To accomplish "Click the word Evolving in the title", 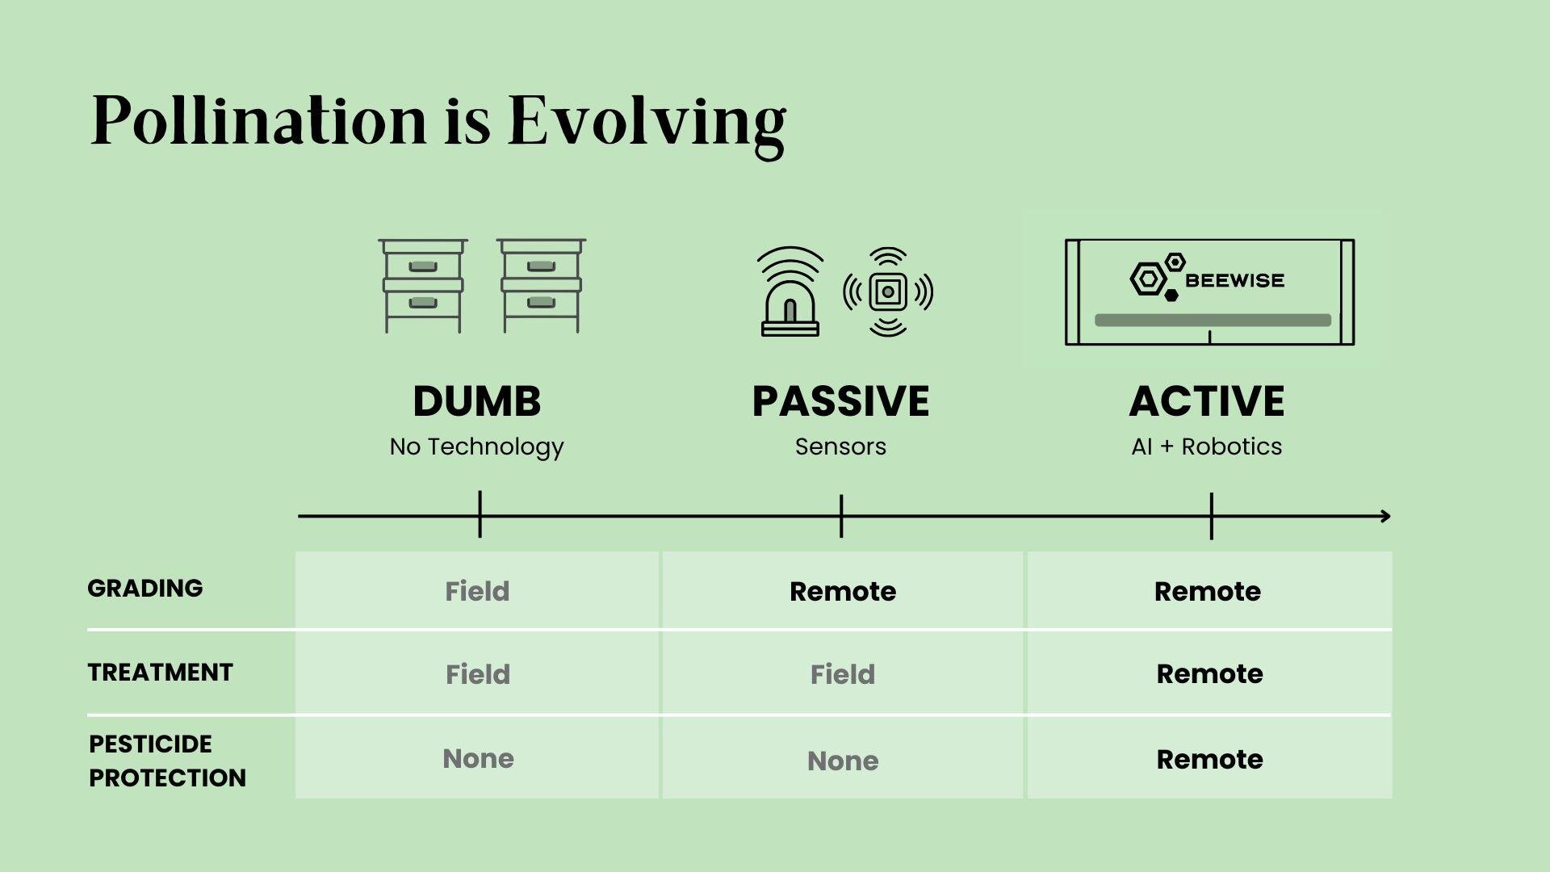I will [x=646, y=121].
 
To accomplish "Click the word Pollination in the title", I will [x=258, y=121].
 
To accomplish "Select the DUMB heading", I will [x=476, y=401].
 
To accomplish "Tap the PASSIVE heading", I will [x=840, y=401].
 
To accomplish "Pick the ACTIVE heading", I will [x=1206, y=401].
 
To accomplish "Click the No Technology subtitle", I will [x=476, y=446].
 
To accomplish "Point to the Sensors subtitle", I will [x=840, y=446].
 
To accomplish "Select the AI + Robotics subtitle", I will [x=1206, y=446].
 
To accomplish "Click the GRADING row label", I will [x=145, y=588].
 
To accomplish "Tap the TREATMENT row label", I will [x=160, y=672].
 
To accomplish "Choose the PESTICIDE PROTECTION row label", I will [x=166, y=761].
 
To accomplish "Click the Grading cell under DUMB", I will [x=477, y=591].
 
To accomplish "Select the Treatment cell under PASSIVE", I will [x=842, y=674].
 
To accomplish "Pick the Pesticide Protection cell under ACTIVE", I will [x=1209, y=759].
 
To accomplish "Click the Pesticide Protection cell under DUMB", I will [x=478, y=758].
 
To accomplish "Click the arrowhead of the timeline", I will [x=1385, y=516].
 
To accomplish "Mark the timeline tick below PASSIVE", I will [x=841, y=516].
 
